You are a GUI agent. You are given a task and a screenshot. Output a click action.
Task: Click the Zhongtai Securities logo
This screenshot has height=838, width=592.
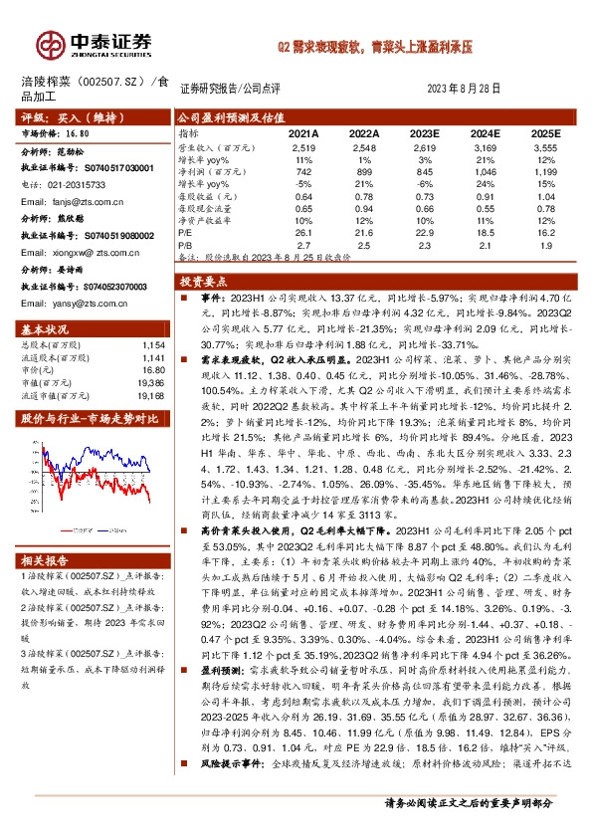click(x=95, y=43)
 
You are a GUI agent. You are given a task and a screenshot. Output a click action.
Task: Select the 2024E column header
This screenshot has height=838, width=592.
click(x=485, y=132)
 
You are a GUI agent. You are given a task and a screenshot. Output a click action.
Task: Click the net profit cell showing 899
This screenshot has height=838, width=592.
click(x=364, y=171)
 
